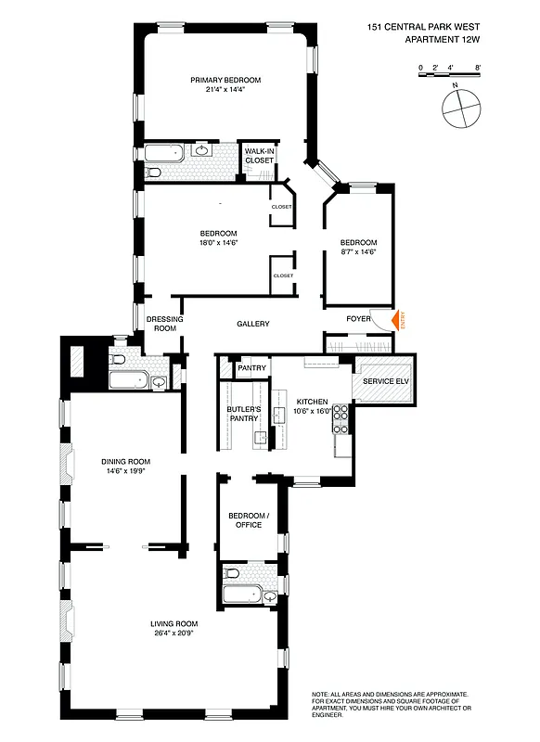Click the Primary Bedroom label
[x=225, y=80]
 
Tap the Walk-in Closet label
[x=259, y=155]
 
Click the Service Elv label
[x=385, y=381]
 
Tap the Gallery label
[x=252, y=324]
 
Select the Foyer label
[x=358, y=319]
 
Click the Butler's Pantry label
[x=242, y=413]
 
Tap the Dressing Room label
[x=164, y=324]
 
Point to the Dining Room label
[x=126, y=461]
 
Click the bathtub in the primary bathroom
[x=166, y=153]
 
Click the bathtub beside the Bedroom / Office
[x=244, y=597]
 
